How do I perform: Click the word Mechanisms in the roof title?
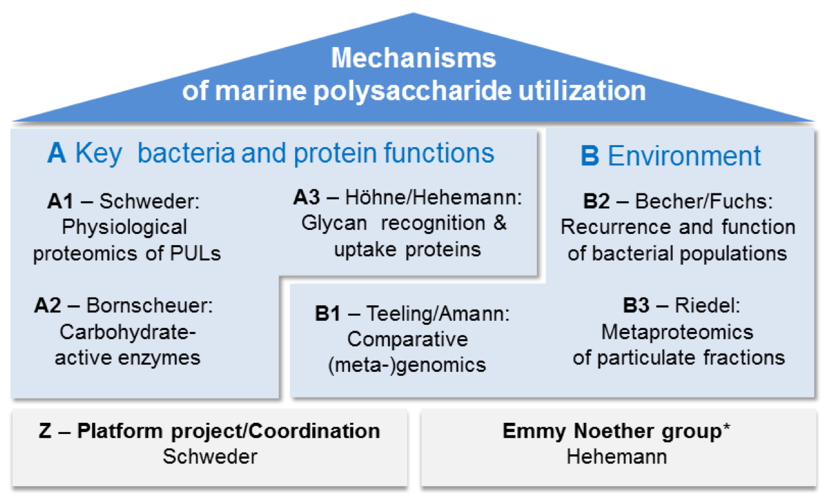click(x=413, y=59)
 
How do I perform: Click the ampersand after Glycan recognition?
click(x=499, y=224)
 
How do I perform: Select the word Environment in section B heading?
click(x=684, y=156)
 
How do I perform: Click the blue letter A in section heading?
click(x=57, y=154)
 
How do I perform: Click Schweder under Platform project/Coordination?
click(x=210, y=456)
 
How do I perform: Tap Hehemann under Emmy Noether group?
click(x=616, y=456)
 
